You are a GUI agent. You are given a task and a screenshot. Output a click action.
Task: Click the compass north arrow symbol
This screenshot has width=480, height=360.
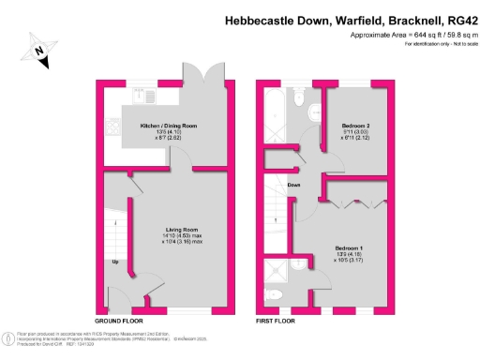39,52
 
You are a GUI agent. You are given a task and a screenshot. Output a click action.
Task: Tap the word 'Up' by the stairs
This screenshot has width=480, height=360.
116,262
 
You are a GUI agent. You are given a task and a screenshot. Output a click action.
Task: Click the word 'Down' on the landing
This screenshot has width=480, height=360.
293,185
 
